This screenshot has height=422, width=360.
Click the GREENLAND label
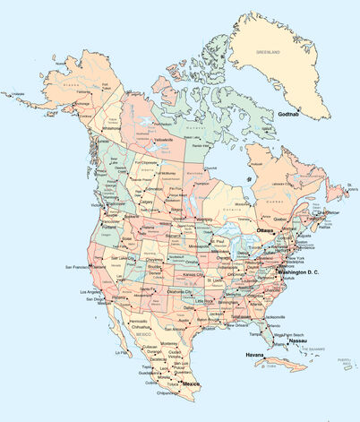pyautogui.click(x=268, y=53)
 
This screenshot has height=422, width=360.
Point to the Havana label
pyautogui.click(x=257, y=355)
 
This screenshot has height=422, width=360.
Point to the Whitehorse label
pyautogui.click(x=111, y=127)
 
